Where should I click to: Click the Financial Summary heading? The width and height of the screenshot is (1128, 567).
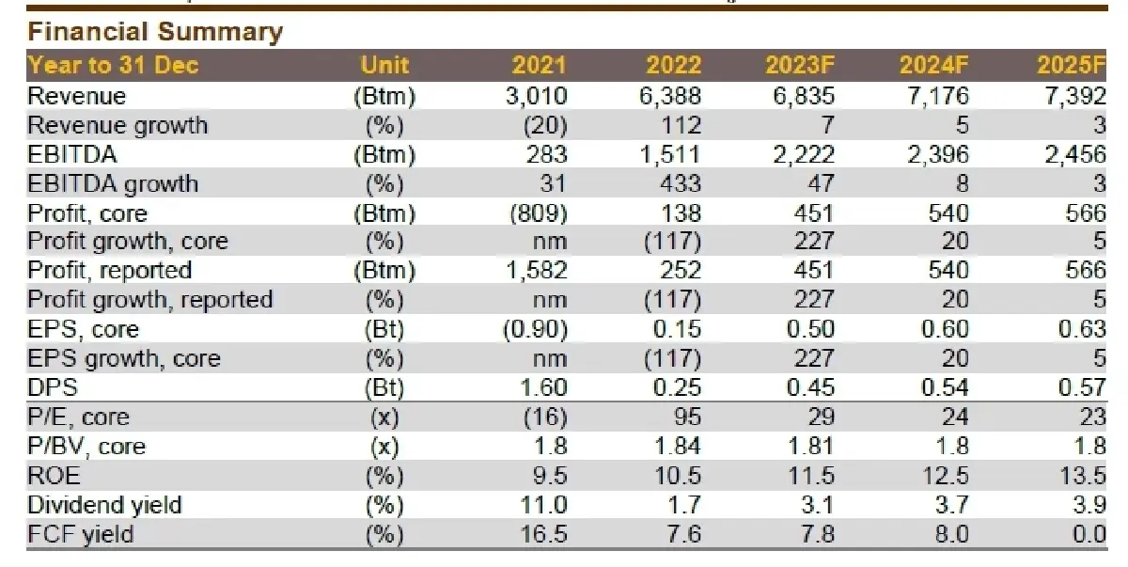pyautogui.click(x=155, y=32)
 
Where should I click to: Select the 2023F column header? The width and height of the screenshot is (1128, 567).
pyautogui.click(x=800, y=66)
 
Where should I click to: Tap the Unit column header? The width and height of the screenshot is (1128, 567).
pyautogui.click(x=384, y=66)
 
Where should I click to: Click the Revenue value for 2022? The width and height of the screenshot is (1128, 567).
pyautogui.click(x=669, y=96)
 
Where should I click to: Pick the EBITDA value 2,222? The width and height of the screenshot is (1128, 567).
pyautogui.click(x=804, y=154)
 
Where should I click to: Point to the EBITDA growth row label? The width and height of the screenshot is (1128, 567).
pyautogui.click(x=113, y=183)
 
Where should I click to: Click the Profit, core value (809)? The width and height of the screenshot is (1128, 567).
pyautogui.click(x=539, y=213)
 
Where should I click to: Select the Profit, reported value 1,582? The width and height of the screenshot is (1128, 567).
pyautogui.click(x=537, y=270)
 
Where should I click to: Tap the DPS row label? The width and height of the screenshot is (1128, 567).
pyautogui.click(x=53, y=387)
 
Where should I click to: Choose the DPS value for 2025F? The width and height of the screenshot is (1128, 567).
pyautogui.click(x=1082, y=387)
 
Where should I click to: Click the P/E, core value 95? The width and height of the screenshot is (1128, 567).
pyautogui.click(x=687, y=417)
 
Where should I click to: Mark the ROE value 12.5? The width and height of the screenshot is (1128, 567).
pyautogui.click(x=946, y=476)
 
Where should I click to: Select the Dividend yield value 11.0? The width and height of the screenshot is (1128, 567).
pyautogui.click(x=543, y=505)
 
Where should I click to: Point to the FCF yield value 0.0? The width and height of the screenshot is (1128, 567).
pyautogui.click(x=1089, y=534)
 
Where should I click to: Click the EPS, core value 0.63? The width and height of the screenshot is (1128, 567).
pyautogui.click(x=1082, y=329)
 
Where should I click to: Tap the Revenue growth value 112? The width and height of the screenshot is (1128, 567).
pyautogui.click(x=681, y=125)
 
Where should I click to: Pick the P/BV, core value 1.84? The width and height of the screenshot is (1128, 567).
pyautogui.click(x=678, y=446)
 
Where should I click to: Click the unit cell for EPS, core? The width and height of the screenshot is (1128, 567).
pyautogui.click(x=384, y=329)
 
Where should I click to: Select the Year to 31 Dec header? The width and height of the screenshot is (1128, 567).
pyautogui.click(x=114, y=66)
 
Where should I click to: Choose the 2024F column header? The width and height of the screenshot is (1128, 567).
pyautogui.click(x=934, y=66)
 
